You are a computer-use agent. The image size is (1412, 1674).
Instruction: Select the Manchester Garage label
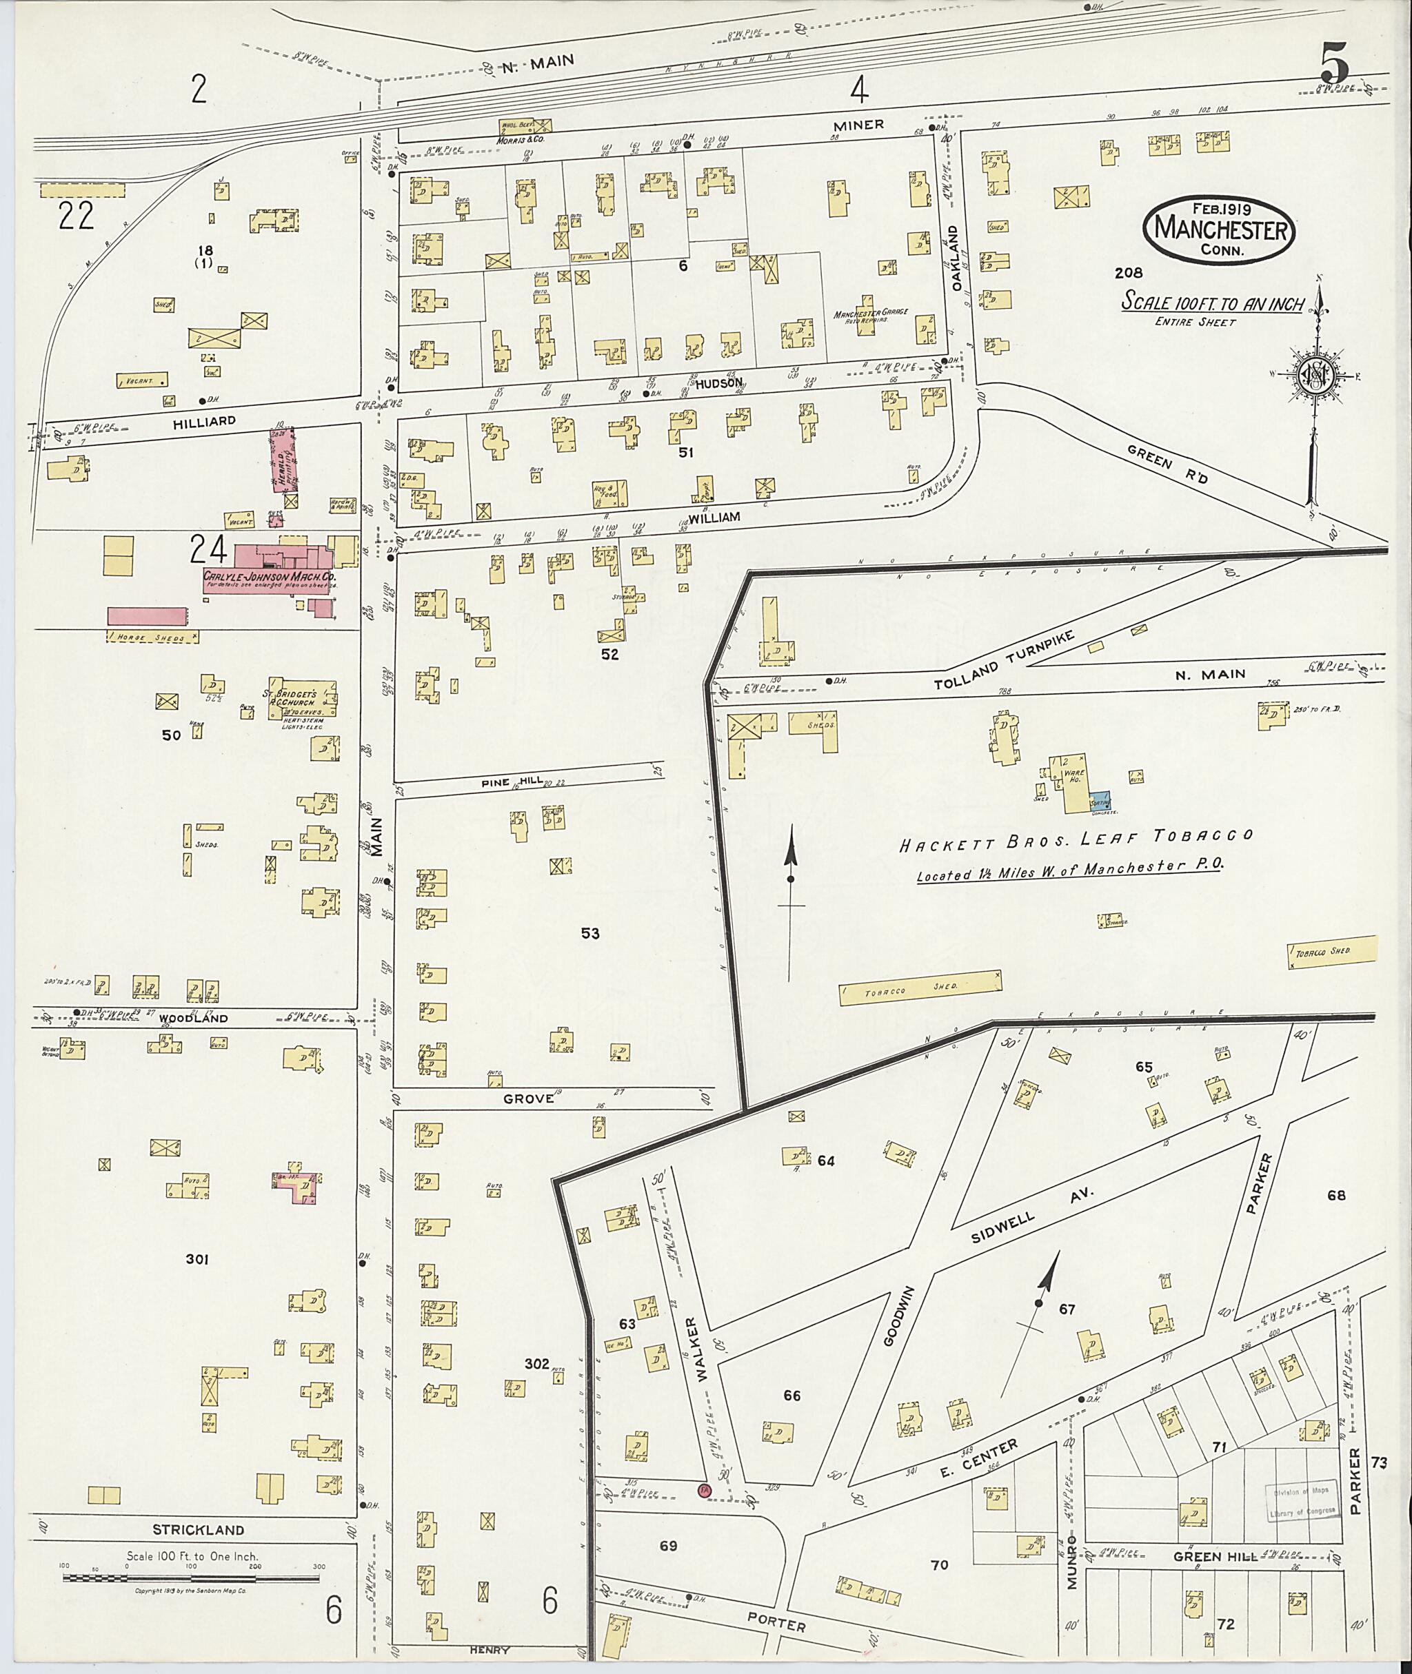point(870,315)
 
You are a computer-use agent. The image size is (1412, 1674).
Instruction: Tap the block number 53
point(590,934)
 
